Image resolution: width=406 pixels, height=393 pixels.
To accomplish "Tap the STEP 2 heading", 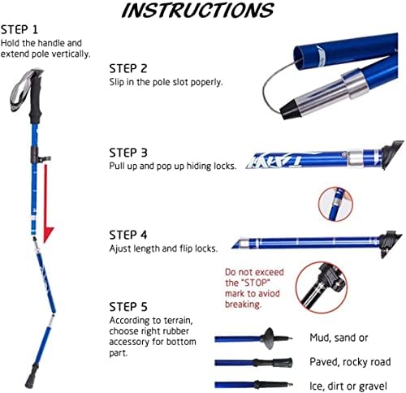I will click(127, 68).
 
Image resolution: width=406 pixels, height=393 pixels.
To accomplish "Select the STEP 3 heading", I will click(127, 152).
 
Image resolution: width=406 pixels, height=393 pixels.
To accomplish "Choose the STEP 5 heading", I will click(127, 306).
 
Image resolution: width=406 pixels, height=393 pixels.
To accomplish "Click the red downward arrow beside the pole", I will click(46, 203).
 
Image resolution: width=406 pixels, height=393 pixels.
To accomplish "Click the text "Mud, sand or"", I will click(336, 337).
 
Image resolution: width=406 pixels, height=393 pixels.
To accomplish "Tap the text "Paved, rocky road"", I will click(348, 361).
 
